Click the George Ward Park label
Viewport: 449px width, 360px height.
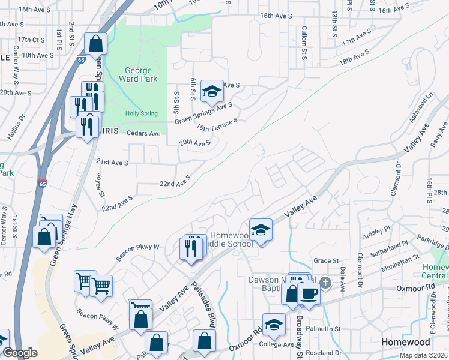138,74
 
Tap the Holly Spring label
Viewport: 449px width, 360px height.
140,113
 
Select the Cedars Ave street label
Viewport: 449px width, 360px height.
143,133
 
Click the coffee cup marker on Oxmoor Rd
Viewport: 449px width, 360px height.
309,294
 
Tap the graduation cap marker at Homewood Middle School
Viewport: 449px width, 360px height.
261,230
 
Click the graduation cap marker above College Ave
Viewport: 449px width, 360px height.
274,325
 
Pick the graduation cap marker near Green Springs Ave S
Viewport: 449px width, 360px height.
211,91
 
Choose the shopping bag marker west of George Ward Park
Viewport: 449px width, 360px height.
96,44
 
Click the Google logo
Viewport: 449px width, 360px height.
20,353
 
